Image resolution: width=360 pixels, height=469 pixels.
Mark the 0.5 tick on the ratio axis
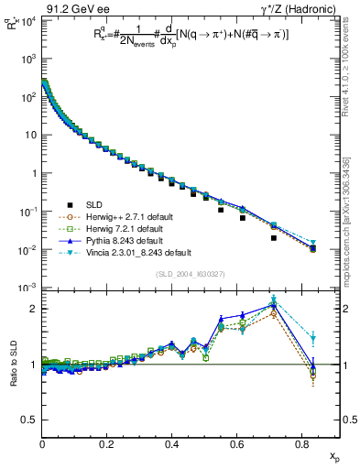pos(32,420)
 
